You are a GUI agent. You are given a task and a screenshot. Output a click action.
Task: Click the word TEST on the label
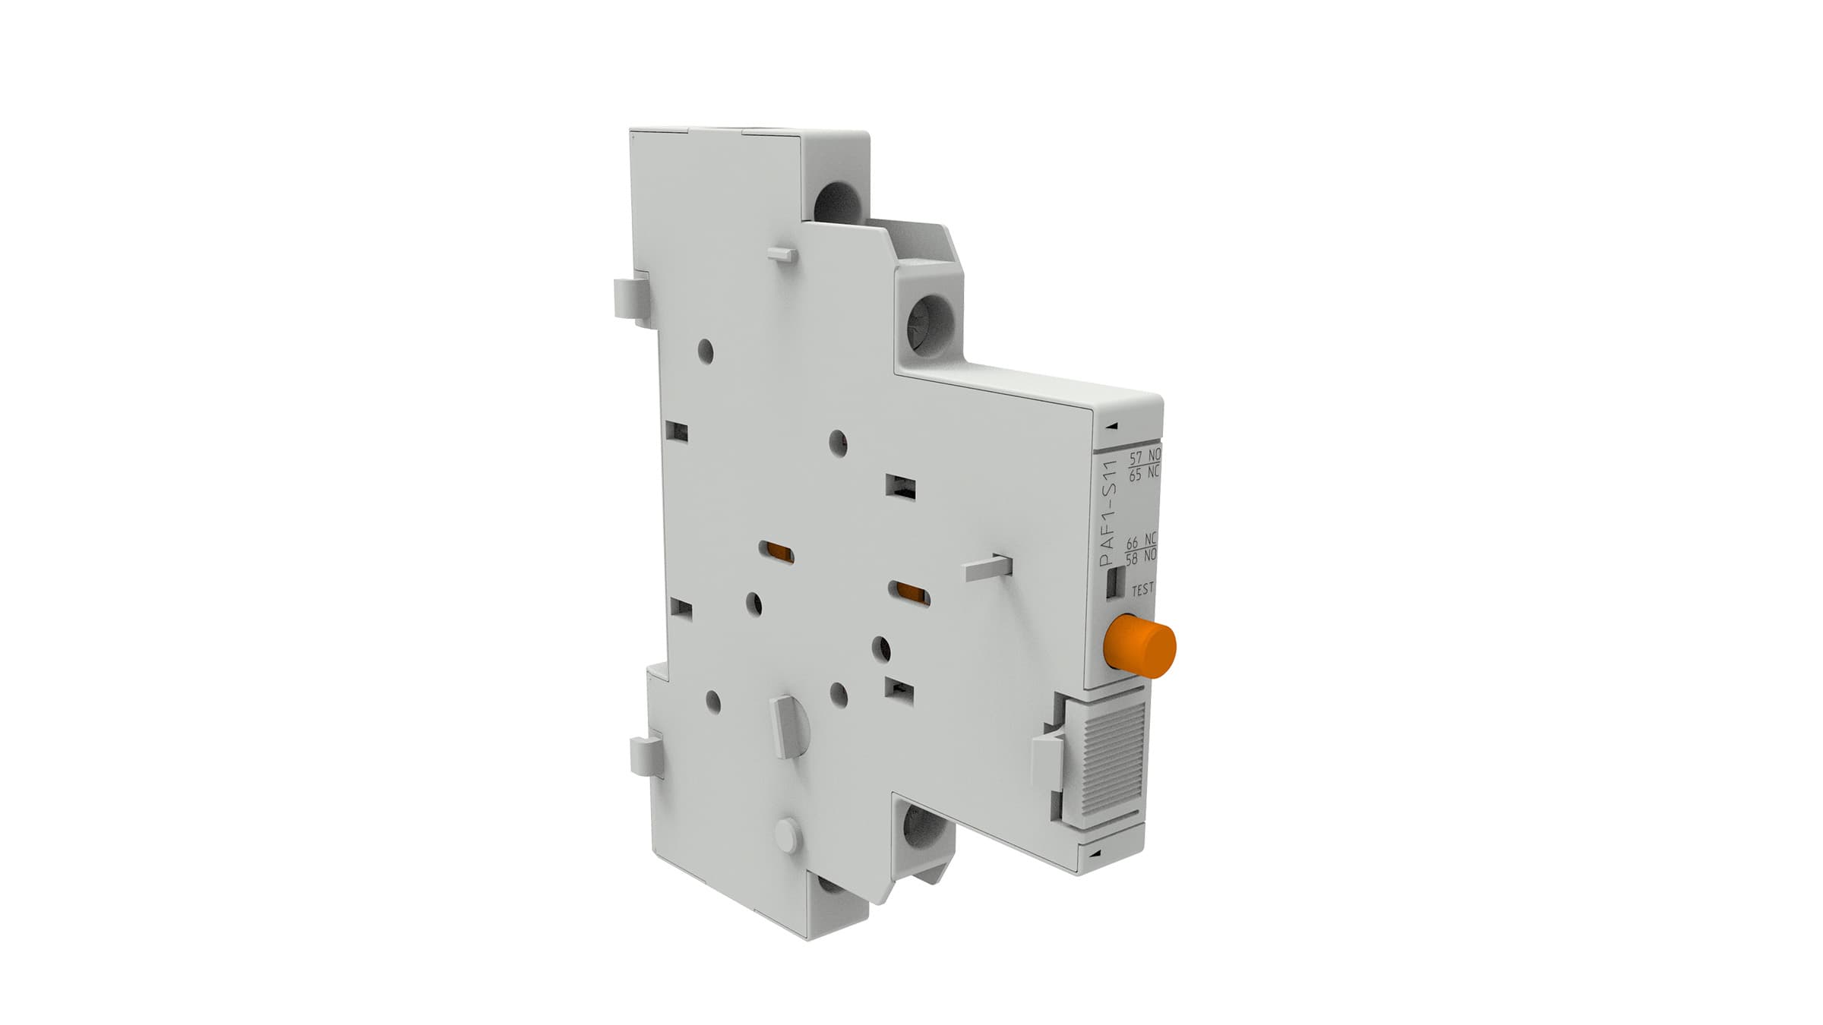[1142, 588]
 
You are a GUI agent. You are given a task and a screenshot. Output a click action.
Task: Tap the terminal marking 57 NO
[1144, 457]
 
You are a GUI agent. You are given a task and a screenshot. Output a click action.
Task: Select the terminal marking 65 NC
[1144, 475]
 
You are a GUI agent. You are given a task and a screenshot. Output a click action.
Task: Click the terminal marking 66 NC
[1141, 542]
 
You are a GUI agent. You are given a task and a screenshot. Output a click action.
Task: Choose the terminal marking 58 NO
[1141, 557]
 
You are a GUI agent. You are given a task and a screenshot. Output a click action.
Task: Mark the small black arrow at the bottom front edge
[1093, 854]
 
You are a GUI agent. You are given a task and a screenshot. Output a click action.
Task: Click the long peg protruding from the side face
[988, 569]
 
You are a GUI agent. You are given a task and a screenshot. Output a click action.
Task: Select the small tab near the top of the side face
[782, 253]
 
